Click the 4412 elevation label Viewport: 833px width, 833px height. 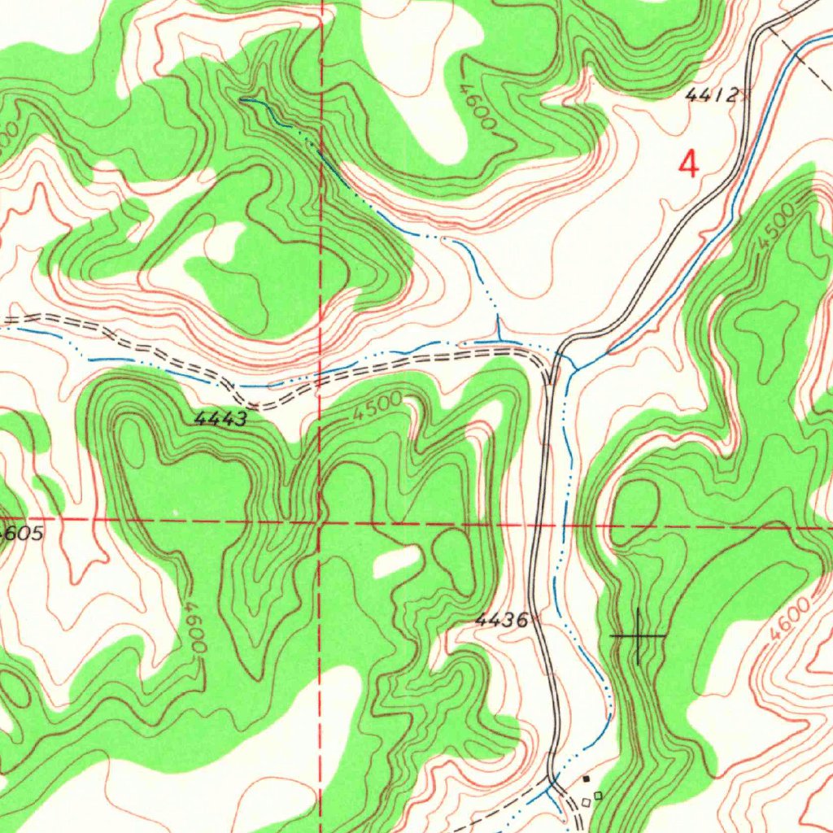pyautogui.click(x=712, y=96)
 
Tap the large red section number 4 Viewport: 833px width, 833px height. pyautogui.click(x=688, y=165)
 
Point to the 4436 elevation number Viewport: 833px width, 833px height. pyautogui.click(x=500, y=621)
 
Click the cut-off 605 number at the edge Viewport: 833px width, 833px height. pyautogui.click(x=23, y=534)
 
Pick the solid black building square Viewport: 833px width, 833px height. pyautogui.click(x=586, y=779)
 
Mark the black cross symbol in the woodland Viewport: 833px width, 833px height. pyautogui.click(x=638, y=635)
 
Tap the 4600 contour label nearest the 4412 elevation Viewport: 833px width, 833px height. pyautogui.click(x=476, y=106)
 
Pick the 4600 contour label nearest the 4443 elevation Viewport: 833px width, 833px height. pyautogui.click(x=196, y=627)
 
